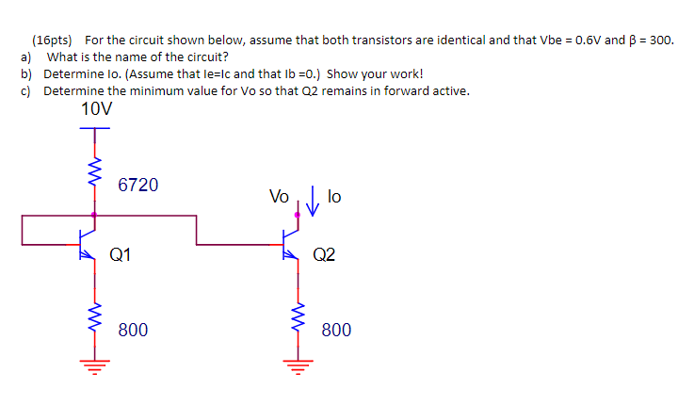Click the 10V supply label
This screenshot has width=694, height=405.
tap(95, 110)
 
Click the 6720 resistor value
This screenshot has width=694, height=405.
tap(138, 186)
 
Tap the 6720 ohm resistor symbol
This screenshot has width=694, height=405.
tap(94, 172)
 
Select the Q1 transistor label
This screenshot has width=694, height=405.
tap(121, 254)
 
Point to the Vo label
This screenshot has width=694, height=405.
tap(279, 197)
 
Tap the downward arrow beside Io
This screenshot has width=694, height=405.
tap(313, 199)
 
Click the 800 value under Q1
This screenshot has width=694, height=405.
tap(133, 330)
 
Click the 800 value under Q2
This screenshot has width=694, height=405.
tap(336, 330)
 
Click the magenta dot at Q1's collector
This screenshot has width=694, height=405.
tap(94, 215)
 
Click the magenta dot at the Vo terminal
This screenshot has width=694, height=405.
tap(299, 215)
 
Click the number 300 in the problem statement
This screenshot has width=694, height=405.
tap(661, 41)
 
